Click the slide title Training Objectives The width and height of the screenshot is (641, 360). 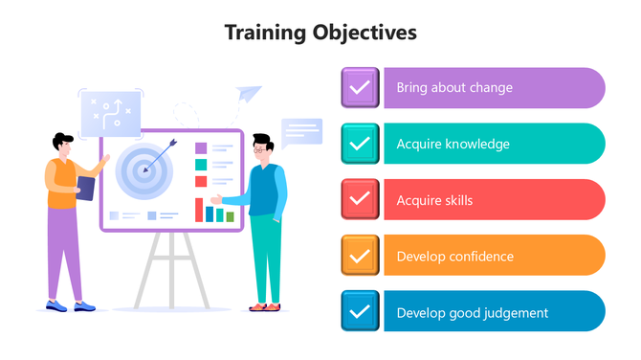[x=320, y=33]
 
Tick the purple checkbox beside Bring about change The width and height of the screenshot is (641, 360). [x=361, y=88]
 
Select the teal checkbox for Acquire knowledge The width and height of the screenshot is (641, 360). [x=361, y=145]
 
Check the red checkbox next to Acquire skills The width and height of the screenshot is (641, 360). [x=361, y=200]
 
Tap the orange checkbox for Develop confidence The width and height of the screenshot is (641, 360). [x=361, y=256]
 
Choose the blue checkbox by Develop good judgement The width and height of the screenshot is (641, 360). [x=361, y=311]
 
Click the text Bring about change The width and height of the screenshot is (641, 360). [x=454, y=88]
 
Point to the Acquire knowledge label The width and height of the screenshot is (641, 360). [x=453, y=145]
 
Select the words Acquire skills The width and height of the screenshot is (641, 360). [x=434, y=200]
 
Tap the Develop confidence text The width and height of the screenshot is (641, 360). [x=454, y=256]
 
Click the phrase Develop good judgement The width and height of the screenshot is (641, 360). [x=472, y=312]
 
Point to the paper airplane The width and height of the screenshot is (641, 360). [x=248, y=94]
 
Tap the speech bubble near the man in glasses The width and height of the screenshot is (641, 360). [x=301, y=131]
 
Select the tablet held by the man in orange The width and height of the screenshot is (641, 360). [x=85, y=189]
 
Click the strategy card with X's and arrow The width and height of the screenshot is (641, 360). [x=110, y=114]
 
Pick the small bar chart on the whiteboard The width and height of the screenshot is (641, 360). [x=215, y=210]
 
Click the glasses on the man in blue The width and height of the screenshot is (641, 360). [x=259, y=149]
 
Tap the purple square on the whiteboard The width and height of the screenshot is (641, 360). [x=201, y=148]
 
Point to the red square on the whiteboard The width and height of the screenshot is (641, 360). [x=201, y=180]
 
